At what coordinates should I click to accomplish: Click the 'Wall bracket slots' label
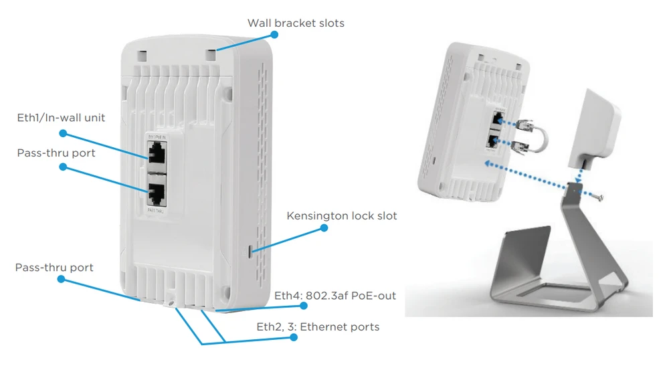tap(296, 23)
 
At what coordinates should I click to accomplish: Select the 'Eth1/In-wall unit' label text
tap(61, 118)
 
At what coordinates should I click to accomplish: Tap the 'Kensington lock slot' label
tap(341, 215)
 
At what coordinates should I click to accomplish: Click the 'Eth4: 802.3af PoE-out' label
tap(335, 295)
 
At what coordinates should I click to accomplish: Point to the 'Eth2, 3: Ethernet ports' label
tap(318, 327)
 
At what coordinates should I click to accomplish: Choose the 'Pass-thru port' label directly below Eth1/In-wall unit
tap(56, 153)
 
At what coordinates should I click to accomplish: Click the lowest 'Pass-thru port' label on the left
tap(54, 268)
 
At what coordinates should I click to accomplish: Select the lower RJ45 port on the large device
tap(158, 193)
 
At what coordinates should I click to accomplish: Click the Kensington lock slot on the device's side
tap(250, 251)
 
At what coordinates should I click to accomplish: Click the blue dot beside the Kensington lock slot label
tap(324, 227)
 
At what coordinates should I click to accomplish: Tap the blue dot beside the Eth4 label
tap(303, 305)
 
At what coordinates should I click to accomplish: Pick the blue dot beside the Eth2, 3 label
tap(293, 338)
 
